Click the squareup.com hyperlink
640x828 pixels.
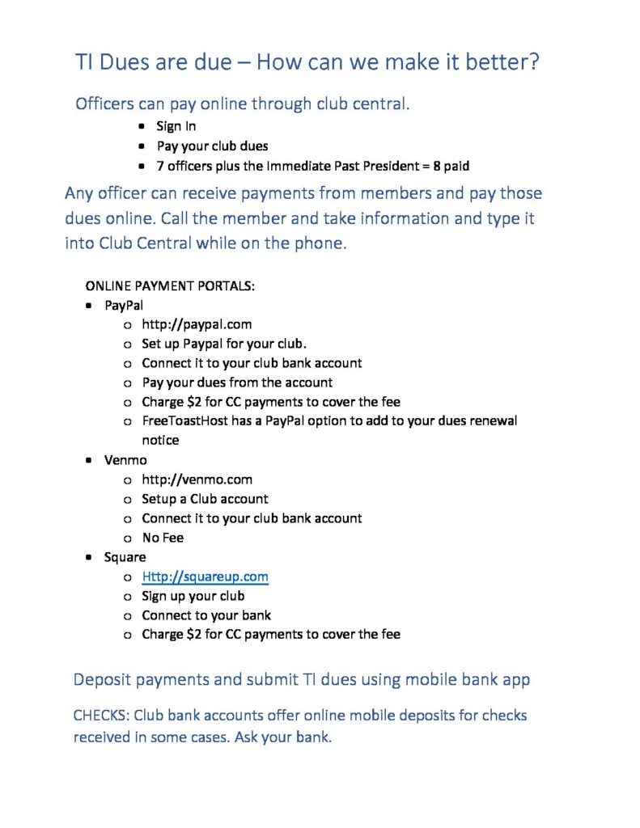coord(205,577)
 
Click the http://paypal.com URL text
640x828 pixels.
coord(197,324)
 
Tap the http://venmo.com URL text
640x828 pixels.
coord(197,479)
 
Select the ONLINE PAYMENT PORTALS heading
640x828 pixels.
coord(170,286)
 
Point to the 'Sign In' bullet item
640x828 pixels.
coord(176,126)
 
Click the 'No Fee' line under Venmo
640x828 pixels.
coord(163,538)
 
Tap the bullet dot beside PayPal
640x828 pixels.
coord(88,306)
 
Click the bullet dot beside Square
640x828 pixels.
coord(88,558)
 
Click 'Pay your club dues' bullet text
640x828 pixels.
coord(212,146)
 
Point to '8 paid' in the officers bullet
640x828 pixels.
coord(451,166)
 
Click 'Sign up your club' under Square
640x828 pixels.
coord(193,596)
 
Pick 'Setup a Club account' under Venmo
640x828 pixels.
coord(205,499)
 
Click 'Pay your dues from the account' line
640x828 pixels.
coord(237,382)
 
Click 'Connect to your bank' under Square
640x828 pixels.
coord(206,615)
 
